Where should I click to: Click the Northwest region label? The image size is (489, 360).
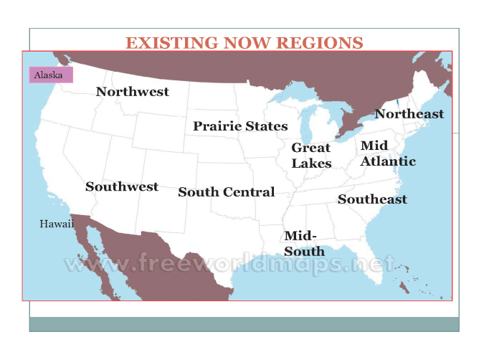click(133, 92)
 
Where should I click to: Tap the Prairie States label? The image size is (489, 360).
click(240, 126)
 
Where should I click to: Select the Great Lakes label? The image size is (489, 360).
click(311, 156)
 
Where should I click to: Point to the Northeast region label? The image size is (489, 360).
click(409, 114)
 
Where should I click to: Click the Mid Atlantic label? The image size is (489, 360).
click(387, 153)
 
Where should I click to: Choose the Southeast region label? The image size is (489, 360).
click(372, 199)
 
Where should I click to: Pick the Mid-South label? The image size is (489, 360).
click(304, 243)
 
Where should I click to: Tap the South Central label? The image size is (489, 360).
click(226, 192)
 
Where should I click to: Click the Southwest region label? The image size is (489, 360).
click(122, 186)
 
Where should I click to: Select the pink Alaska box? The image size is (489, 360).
click(50, 75)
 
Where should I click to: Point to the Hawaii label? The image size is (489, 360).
click(57, 224)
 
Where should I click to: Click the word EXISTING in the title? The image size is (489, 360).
click(171, 43)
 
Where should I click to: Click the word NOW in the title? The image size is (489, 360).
click(247, 43)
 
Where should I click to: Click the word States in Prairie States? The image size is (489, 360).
click(266, 126)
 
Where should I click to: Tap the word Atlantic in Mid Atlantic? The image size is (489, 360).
click(388, 161)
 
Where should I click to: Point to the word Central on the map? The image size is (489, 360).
click(249, 192)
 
